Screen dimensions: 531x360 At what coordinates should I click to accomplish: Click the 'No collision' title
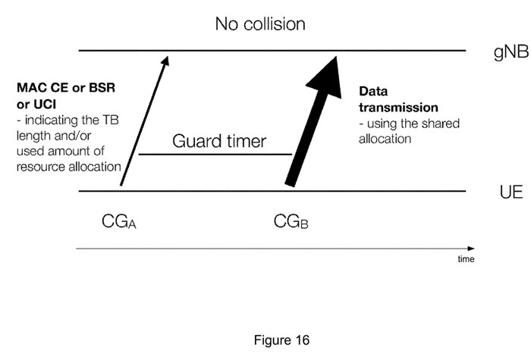pos(260,24)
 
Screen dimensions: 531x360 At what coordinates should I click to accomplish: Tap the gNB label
pos(511,52)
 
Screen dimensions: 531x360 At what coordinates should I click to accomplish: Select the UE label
pos(511,192)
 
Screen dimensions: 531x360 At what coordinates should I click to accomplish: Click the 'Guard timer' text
pos(219,141)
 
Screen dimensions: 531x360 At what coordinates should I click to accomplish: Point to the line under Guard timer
pos(215,155)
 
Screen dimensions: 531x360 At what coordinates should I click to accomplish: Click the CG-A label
pos(119,221)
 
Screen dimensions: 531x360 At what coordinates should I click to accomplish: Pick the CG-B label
pos(291,221)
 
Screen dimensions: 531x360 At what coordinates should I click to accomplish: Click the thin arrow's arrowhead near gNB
pos(165,60)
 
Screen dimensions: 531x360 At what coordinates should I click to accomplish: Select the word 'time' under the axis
pos(466,259)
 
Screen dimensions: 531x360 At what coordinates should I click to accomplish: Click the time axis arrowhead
pos(471,249)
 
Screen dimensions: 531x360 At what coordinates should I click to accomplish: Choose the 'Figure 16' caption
pos(281,340)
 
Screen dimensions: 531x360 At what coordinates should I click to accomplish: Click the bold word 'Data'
pos(373,92)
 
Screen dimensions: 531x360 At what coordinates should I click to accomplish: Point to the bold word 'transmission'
pos(398,108)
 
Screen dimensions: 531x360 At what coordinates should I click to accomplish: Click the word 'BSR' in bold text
pos(102,88)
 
